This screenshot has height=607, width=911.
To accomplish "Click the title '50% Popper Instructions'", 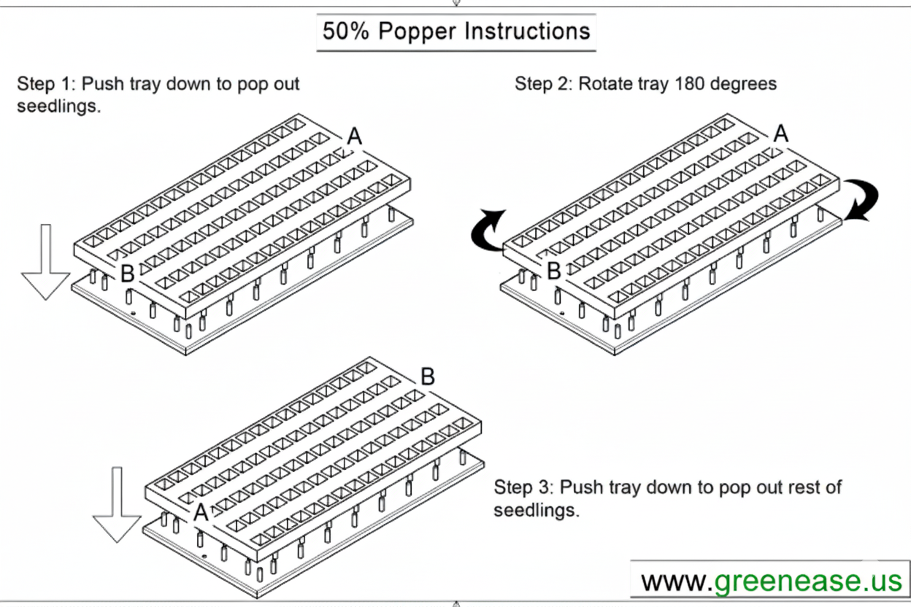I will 456,31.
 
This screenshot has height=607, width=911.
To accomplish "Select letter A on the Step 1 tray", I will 354,136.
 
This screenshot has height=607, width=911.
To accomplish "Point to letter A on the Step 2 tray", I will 781,134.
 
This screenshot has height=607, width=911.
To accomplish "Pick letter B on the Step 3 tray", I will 428,377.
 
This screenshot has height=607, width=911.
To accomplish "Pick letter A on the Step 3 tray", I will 201,513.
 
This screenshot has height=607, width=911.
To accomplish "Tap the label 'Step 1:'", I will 46,83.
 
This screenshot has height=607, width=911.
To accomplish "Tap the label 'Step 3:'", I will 523,487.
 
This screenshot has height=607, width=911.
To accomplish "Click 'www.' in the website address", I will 674,581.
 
